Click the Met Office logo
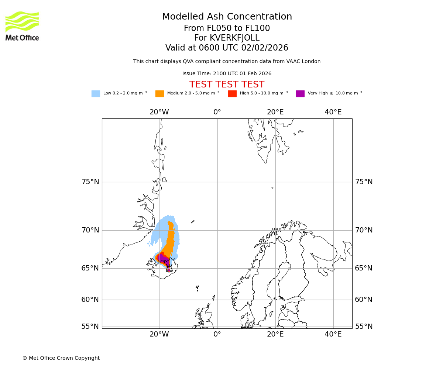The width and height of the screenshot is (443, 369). click(22, 26)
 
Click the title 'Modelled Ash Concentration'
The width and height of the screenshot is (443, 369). click(227, 17)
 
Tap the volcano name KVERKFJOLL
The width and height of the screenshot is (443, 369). click(234, 38)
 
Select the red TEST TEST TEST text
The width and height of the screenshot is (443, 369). click(227, 85)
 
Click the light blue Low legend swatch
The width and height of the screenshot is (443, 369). click(96, 94)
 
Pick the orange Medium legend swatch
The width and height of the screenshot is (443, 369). click(159, 94)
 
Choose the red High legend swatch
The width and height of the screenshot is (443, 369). click(232, 94)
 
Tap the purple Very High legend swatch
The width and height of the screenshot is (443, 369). click(300, 94)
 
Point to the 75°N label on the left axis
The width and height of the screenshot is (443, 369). click(90, 182)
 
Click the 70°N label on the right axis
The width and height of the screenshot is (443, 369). click(364, 230)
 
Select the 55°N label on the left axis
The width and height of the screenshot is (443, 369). click(90, 327)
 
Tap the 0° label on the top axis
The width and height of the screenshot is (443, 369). click(217, 112)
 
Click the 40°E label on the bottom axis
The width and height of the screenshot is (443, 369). click(333, 334)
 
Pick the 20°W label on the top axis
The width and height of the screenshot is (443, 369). click(159, 112)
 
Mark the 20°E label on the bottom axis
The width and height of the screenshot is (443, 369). click(275, 334)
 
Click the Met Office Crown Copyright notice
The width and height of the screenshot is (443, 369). click(61, 358)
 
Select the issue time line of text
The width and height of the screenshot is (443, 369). click(227, 74)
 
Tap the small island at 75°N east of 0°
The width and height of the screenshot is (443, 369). click(272, 188)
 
